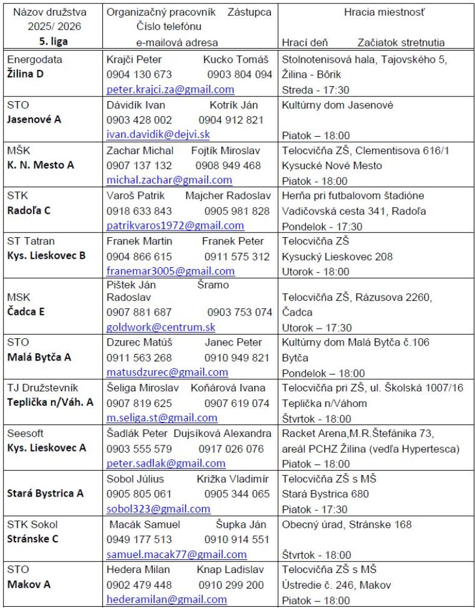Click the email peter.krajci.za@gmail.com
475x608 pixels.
170,90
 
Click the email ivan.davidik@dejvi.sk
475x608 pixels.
158,135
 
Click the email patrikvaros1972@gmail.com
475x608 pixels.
175,226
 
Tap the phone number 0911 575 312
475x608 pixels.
237,256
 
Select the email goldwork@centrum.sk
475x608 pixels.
161,327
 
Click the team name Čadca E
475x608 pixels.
26,312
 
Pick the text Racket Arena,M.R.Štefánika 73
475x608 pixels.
358,433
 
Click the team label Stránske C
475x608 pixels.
33,539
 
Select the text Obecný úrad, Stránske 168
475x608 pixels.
347,524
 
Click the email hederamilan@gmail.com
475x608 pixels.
167,600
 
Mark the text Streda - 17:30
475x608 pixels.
315,90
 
